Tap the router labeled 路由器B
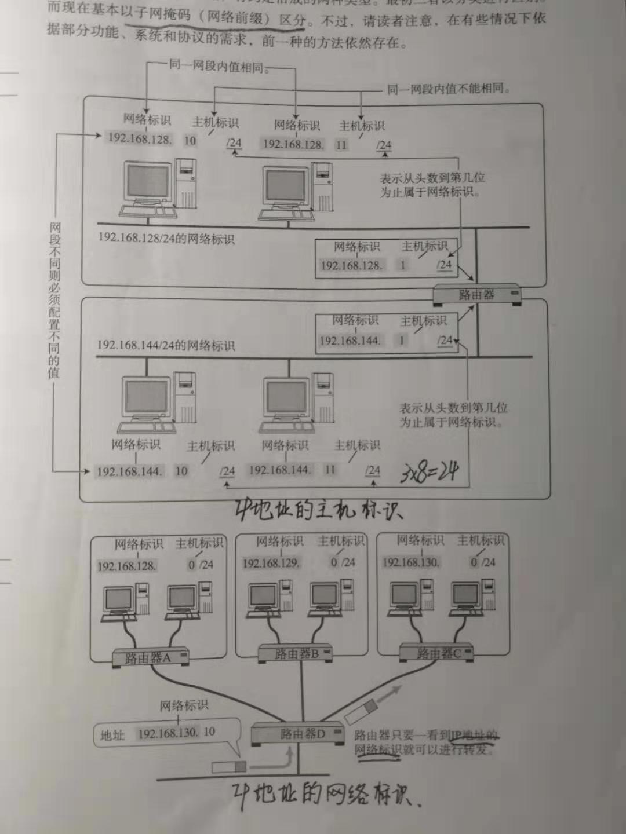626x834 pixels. [296, 653]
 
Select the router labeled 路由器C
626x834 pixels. [436, 653]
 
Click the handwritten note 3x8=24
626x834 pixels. [429, 473]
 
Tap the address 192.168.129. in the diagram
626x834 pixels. [271, 563]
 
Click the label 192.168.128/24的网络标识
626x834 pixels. [166, 238]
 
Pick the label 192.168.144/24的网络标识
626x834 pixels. [166, 345]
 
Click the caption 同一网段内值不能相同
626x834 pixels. [449, 89]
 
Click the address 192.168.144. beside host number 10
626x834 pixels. [129, 471]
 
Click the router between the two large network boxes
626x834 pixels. [476, 294]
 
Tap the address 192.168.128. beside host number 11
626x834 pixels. [293, 144]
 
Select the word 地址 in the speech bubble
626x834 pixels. [112, 735]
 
